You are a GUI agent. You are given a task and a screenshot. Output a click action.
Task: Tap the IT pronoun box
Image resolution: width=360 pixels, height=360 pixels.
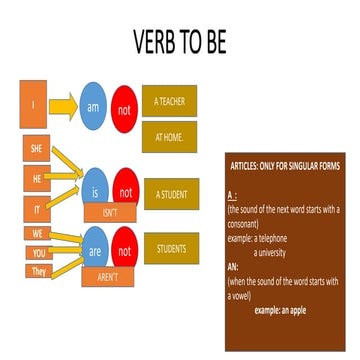(x=36, y=208)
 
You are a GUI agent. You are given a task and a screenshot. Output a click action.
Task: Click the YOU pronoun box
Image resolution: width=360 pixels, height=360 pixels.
(x=38, y=253)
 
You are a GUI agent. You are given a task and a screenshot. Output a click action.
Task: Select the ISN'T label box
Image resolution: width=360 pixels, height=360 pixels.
(x=109, y=213)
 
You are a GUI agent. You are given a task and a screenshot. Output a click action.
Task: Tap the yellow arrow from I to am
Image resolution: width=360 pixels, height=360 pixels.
(x=62, y=104)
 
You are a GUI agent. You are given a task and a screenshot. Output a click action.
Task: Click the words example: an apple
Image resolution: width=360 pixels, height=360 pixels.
(x=283, y=311)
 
